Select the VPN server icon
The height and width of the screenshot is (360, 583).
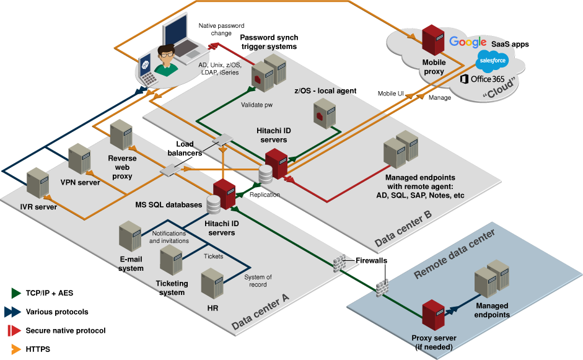point(79,159)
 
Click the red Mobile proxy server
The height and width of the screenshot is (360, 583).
point(432,39)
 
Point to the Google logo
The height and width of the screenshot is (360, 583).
point(468,42)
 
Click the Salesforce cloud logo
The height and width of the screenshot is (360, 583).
point(493,61)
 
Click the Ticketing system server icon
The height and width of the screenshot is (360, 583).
point(170,260)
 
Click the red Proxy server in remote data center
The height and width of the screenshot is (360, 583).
point(433,316)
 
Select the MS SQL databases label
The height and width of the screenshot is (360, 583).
point(169,204)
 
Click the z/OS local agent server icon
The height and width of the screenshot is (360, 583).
point(322,115)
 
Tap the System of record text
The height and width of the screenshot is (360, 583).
point(258,281)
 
